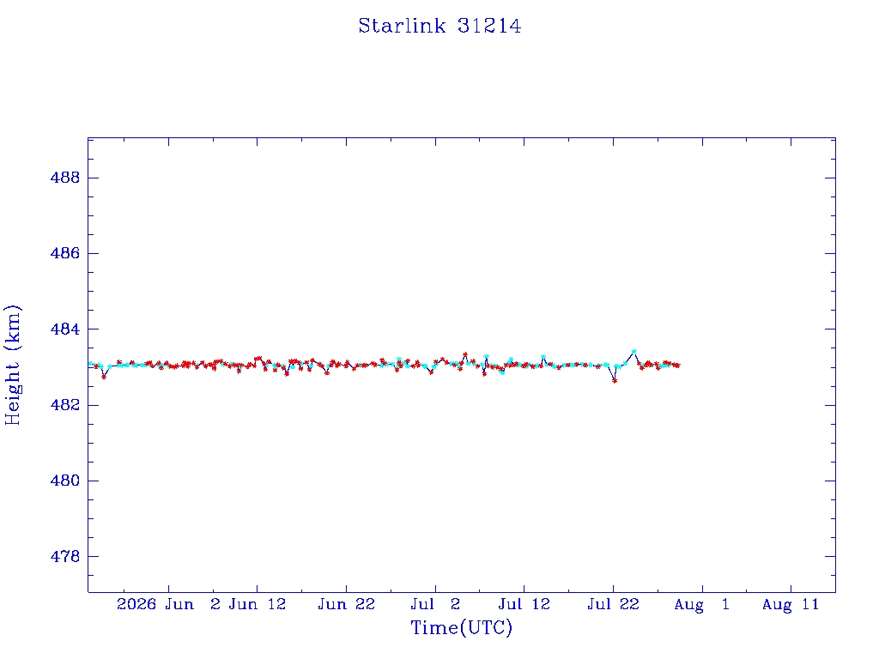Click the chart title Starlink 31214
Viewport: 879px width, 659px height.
click(x=439, y=26)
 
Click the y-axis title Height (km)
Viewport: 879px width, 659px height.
click(x=12, y=365)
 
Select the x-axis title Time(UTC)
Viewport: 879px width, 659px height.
click(x=461, y=627)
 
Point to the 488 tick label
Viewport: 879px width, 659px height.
click(x=65, y=178)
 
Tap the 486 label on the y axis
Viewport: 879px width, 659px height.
click(x=65, y=253)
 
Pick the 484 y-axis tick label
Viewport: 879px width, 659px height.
click(x=65, y=329)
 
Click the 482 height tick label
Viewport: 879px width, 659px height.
click(x=65, y=405)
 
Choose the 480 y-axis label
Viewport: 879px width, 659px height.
click(x=65, y=481)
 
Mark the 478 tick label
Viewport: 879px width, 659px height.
click(x=65, y=556)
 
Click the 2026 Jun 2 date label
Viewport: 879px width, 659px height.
click(x=168, y=604)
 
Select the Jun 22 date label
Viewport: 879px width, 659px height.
click(x=347, y=604)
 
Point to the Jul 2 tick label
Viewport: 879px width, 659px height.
click(x=435, y=604)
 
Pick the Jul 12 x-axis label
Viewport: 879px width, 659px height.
click(x=524, y=604)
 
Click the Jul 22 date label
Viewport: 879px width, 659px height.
click(x=613, y=604)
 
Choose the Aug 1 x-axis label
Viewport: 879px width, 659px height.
click(x=702, y=604)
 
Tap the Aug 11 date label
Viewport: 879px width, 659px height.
click(x=791, y=604)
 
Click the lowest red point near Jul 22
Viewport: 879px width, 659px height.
click(x=615, y=381)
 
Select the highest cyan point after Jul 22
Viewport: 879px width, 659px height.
click(x=634, y=351)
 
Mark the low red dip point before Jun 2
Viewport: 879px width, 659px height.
click(x=104, y=378)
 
